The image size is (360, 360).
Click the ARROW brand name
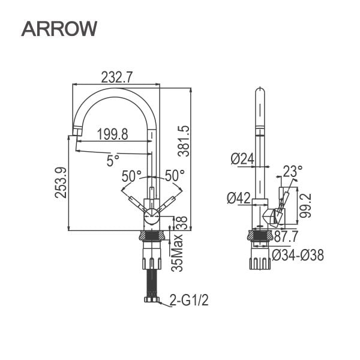[59, 28]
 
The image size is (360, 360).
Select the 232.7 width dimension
[116, 77]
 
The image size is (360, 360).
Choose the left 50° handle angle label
[131, 176]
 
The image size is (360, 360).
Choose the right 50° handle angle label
[175, 176]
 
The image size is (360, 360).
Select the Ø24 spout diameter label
[242, 158]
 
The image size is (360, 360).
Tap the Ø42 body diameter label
[239, 197]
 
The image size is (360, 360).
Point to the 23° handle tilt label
[293, 172]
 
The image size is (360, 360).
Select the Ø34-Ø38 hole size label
[298, 255]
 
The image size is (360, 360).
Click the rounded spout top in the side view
[260, 92]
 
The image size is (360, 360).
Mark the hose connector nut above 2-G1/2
[151, 299]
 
